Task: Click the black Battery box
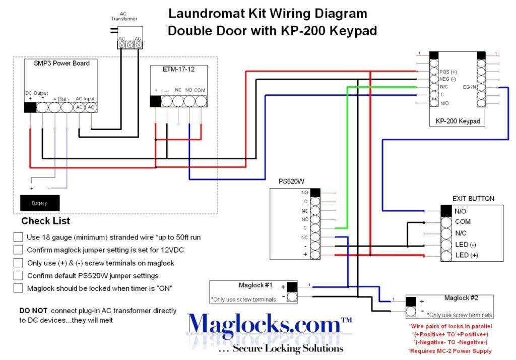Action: coord(39,203)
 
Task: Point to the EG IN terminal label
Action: coord(469,87)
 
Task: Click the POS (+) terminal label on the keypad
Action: coord(448,72)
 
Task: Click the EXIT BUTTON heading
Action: coord(473,199)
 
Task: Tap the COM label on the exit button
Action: coord(463,222)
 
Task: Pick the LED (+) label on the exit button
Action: coord(466,255)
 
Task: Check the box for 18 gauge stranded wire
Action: coord(18,237)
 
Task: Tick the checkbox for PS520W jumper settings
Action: coord(18,276)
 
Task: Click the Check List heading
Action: coord(45,221)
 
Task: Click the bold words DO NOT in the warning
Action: coord(30,311)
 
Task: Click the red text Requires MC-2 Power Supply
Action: coord(449,351)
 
